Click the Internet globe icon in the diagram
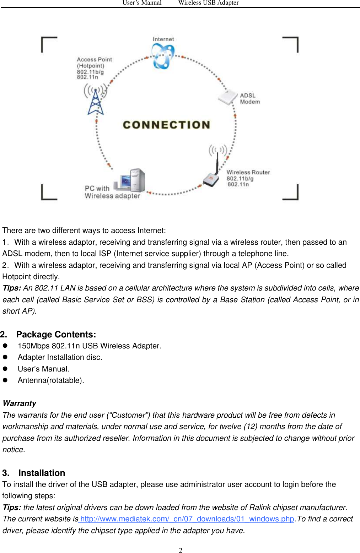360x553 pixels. point(163,57)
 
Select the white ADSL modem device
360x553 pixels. point(227,97)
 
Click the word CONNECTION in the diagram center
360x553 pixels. point(166,125)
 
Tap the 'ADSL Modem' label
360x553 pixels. point(249,99)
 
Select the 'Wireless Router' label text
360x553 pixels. point(248,173)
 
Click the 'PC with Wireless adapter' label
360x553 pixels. point(112,192)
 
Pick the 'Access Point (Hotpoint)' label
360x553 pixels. point(94,63)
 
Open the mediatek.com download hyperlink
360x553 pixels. point(187,519)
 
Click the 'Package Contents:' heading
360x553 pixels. point(56,335)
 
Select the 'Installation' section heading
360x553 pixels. point(42,473)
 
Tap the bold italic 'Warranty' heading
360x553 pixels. point(20,403)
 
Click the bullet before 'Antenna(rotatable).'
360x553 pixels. point(5,380)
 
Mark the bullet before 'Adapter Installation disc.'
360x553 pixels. point(5,357)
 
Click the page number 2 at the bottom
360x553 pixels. point(181,550)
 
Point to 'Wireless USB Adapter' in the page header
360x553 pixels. point(208,3)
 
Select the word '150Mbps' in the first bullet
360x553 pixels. point(33,346)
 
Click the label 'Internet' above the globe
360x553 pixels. point(163,39)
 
